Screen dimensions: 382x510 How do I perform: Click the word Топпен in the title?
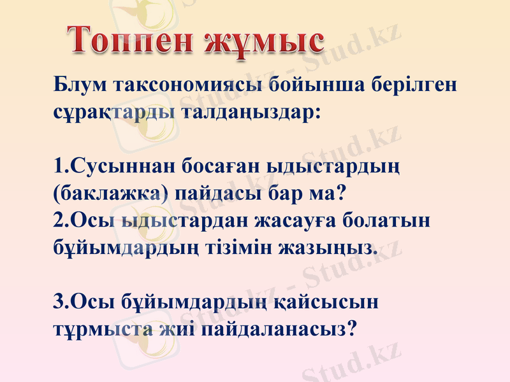127,41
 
